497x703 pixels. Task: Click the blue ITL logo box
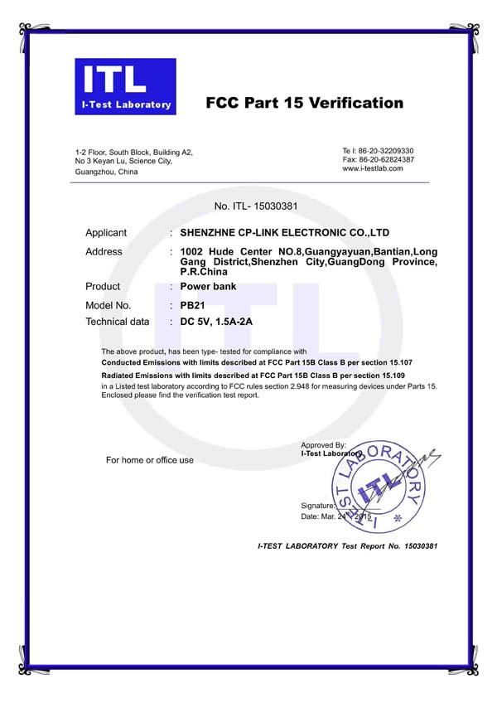(x=125, y=85)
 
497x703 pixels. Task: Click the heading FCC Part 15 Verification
(x=304, y=104)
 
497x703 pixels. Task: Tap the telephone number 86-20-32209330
(x=384, y=150)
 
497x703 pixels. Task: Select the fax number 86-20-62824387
(x=384, y=159)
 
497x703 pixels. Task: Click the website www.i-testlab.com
(x=373, y=168)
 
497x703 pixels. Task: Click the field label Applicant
(x=106, y=233)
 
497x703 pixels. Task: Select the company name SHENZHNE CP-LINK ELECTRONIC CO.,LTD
(x=284, y=233)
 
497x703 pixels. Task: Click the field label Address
(x=104, y=252)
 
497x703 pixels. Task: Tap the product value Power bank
(x=208, y=287)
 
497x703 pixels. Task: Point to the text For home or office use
(x=150, y=460)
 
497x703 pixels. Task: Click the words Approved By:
(x=324, y=445)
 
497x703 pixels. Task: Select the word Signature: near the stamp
(x=318, y=505)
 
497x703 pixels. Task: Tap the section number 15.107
(x=400, y=363)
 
